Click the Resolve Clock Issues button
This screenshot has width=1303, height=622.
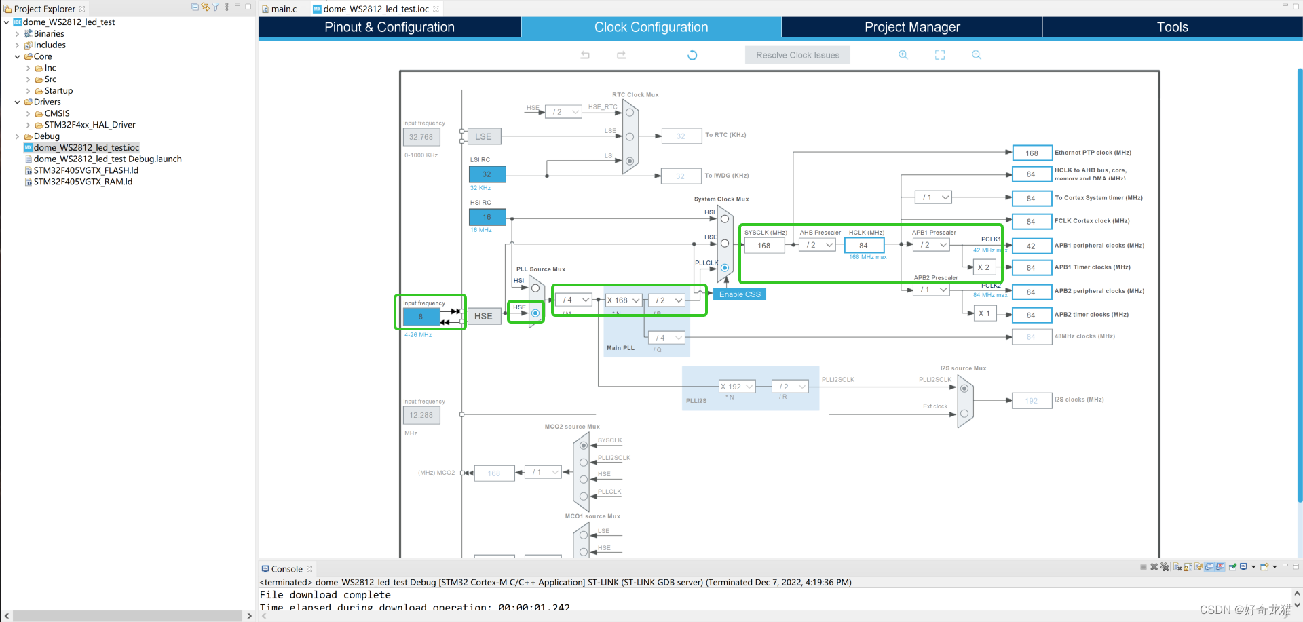pos(797,55)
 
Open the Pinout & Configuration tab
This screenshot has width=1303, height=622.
pos(389,27)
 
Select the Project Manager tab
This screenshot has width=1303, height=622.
pos(911,27)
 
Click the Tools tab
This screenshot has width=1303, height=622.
pos(1172,27)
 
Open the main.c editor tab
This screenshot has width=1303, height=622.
pos(284,9)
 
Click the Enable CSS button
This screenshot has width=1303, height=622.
pos(740,294)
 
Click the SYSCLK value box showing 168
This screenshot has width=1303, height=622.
pos(764,246)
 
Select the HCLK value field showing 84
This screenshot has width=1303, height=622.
pos(863,246)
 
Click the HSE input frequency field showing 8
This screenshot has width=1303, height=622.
pos(421,317)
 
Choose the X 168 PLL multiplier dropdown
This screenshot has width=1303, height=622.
pos(623,300)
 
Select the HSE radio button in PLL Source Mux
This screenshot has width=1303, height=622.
pos(535,313)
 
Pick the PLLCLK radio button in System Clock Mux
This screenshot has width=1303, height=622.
pos(725,268)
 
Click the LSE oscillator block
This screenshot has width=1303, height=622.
pos(483,136)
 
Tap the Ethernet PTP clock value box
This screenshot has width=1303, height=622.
pos(1032,153)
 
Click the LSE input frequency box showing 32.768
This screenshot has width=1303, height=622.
pos(421,137)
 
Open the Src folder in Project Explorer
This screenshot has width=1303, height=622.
pos(50,79)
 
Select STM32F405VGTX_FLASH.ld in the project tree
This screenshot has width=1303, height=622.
pos(86,170)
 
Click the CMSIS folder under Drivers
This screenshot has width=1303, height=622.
pos(57,113)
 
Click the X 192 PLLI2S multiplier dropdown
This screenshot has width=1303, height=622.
pos(736,387)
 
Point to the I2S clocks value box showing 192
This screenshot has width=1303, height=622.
pos(1032,401)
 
